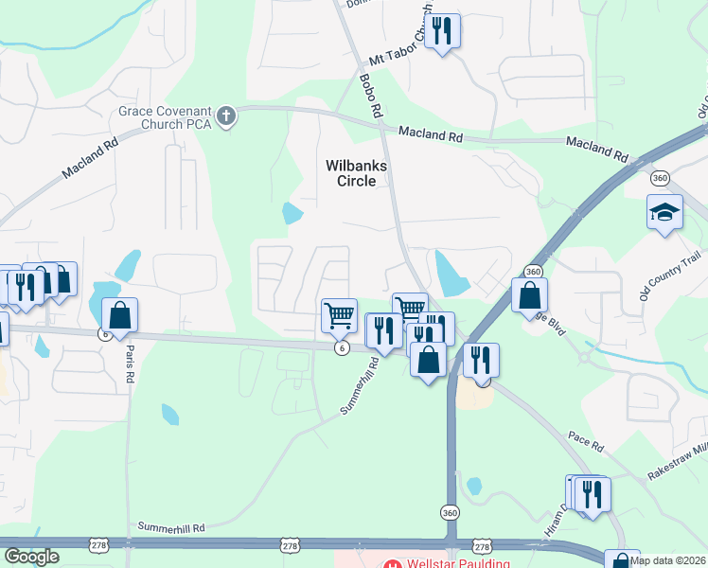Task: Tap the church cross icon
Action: (x=226, y=116)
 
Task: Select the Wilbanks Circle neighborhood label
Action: (x=357, y=173)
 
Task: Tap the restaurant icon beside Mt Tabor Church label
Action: (x=441, y=31)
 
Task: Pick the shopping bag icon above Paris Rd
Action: (x=120, y=314)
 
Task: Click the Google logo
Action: (x=30, y=558)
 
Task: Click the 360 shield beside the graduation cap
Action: (x=661, y=178)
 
